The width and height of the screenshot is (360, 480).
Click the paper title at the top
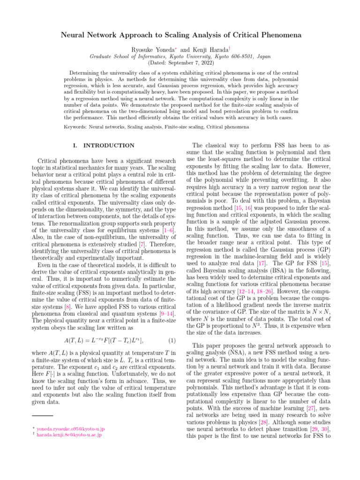tap(180, 35)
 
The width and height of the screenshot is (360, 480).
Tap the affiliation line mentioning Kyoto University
tap(180, 56)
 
